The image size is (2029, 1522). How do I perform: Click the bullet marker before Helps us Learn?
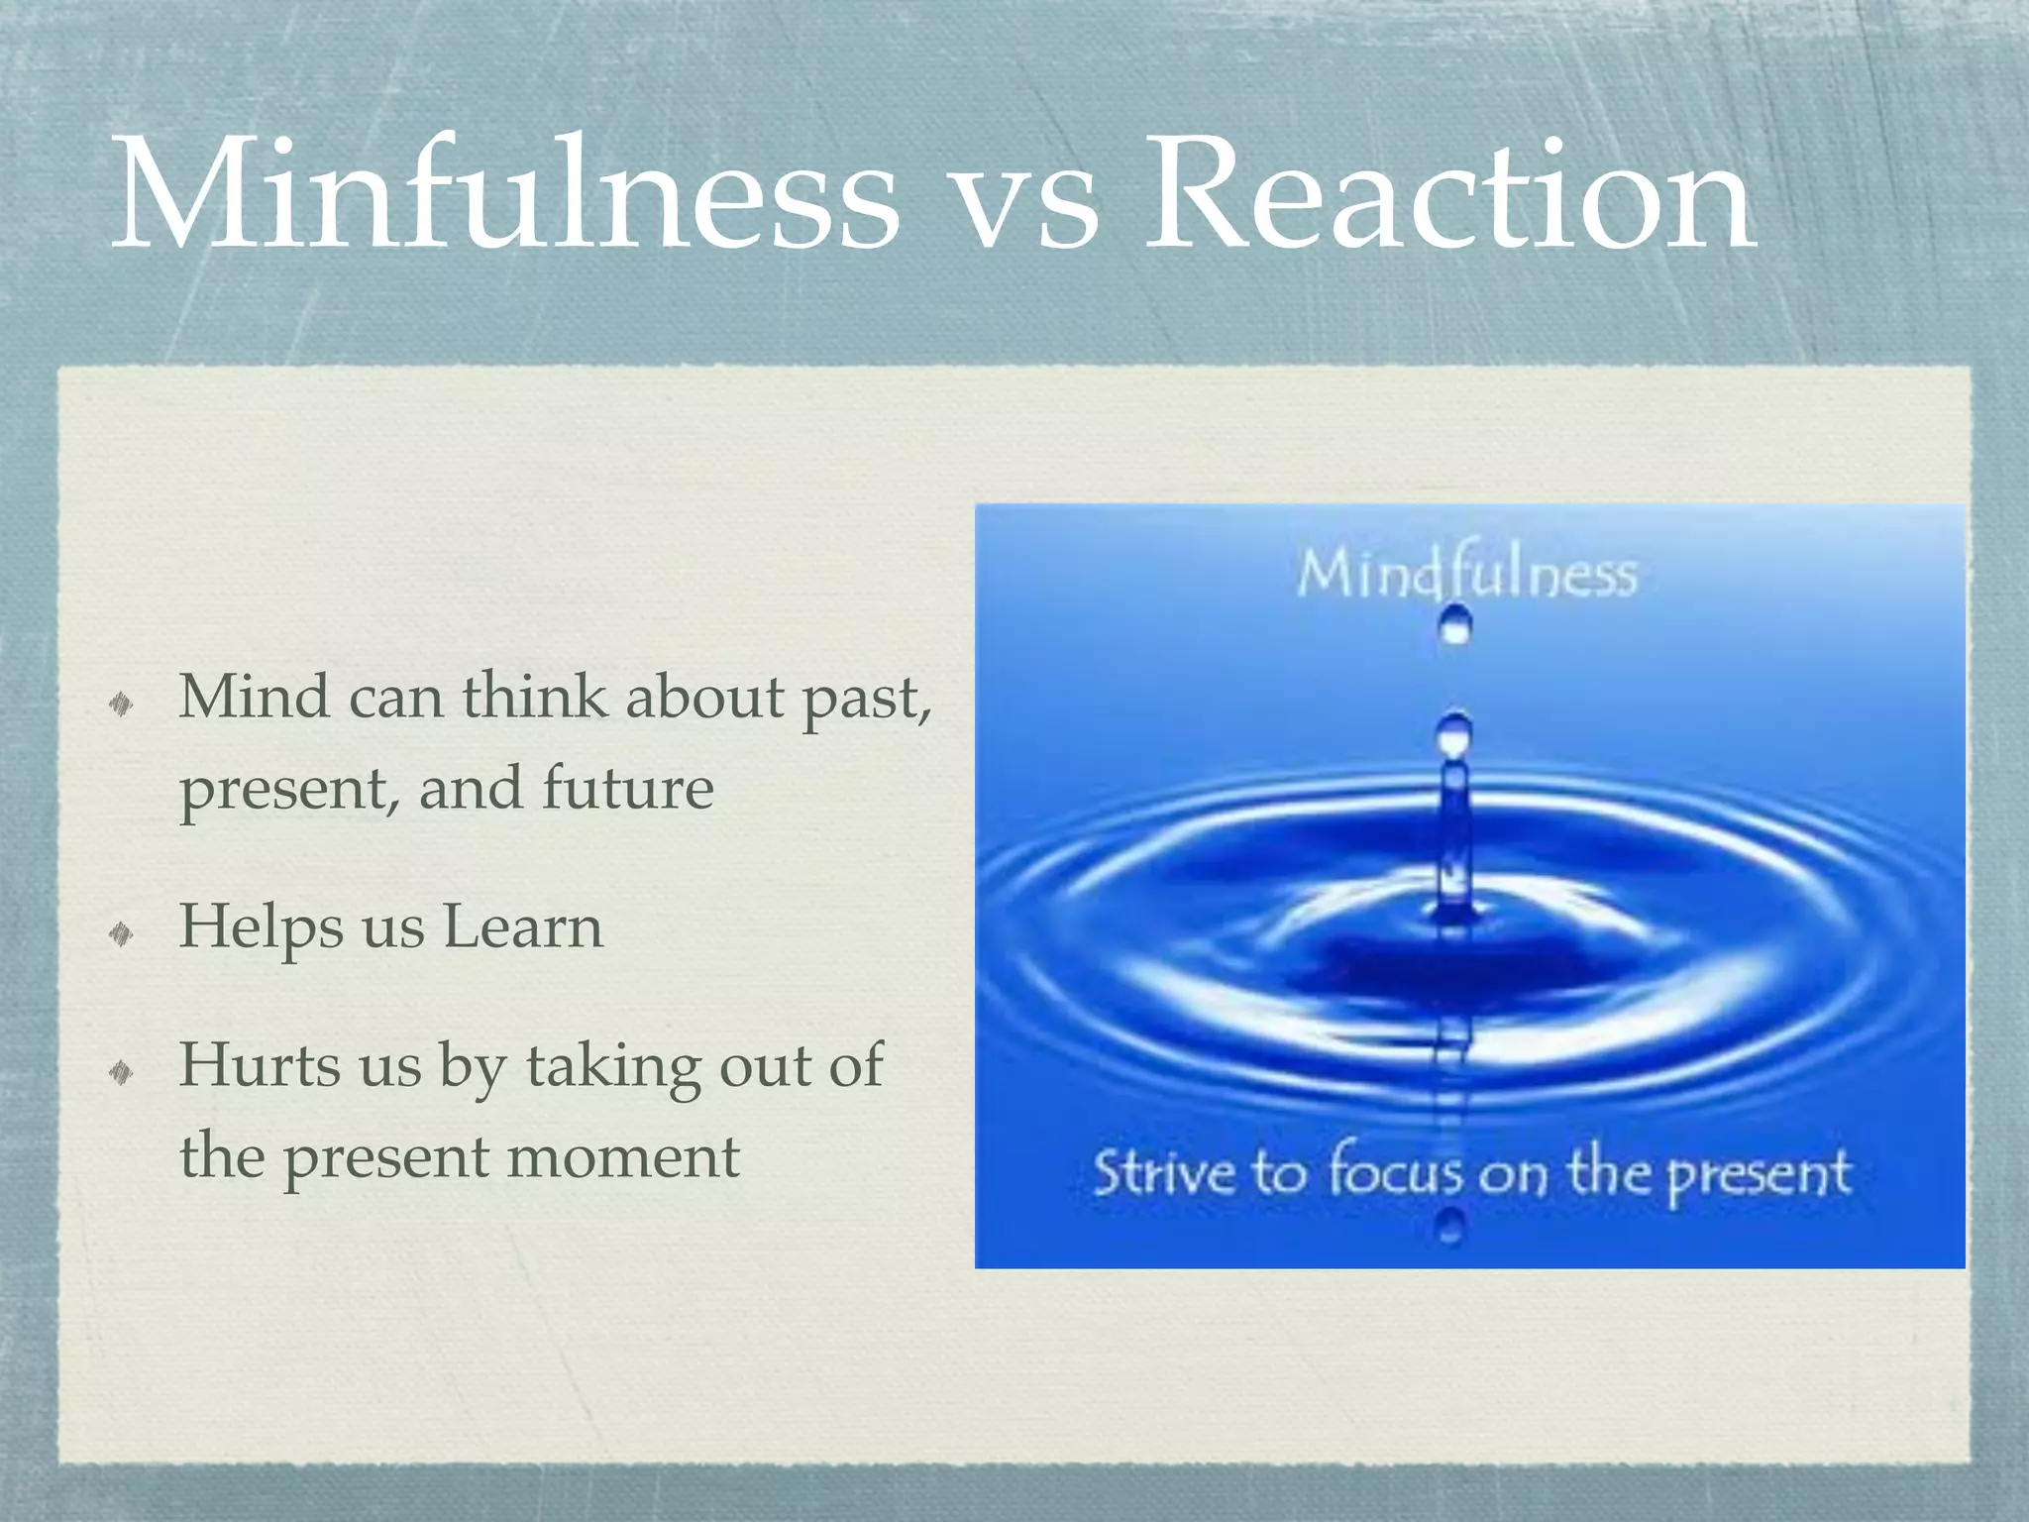point(121,932)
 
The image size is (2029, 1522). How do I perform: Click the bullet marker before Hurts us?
point(121,1071)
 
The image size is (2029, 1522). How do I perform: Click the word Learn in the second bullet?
point(522,927)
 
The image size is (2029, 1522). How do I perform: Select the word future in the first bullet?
point(628,789)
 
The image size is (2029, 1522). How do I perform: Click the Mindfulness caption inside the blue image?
point(1466,575)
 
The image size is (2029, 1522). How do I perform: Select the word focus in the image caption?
point(1396,1172)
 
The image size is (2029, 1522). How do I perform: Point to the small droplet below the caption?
point(1450,1230)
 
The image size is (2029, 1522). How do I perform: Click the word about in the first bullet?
point(704,698)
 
